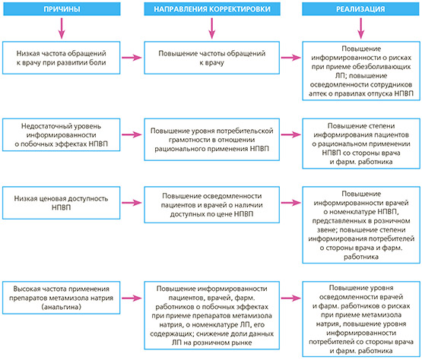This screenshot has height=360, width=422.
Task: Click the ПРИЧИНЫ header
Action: coord(62,9)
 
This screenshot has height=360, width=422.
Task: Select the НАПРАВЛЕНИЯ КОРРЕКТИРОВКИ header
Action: coord(212,9)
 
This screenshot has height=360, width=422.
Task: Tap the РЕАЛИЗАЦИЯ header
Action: coord(360,9)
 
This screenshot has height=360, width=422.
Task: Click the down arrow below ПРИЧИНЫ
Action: coord(62,29)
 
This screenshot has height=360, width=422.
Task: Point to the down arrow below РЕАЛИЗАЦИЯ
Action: coord(360,29)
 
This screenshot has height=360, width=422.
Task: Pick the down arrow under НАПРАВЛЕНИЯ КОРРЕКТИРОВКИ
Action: coord(212,29)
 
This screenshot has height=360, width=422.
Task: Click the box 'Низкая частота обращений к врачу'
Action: coord(62,58)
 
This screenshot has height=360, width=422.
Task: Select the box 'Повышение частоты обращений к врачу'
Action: coord(212,58)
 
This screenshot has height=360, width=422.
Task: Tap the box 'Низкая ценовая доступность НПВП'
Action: coord(62,203)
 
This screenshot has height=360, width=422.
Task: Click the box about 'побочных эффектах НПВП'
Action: coord(62,134)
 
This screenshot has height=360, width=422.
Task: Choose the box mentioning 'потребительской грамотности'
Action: coord(212,140)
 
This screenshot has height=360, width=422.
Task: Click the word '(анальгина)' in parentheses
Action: coord(62,307)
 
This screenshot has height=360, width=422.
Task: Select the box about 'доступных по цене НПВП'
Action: coord(212,205)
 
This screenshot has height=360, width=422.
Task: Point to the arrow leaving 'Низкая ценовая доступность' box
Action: coord(132,203)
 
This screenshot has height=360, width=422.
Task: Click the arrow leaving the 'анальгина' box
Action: coord(132,298)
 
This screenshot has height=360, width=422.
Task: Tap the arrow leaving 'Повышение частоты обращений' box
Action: coord(291,58)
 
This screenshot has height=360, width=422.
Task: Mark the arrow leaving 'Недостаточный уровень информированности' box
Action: coord(132,134)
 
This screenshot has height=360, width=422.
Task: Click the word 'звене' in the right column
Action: coord(326,230)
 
